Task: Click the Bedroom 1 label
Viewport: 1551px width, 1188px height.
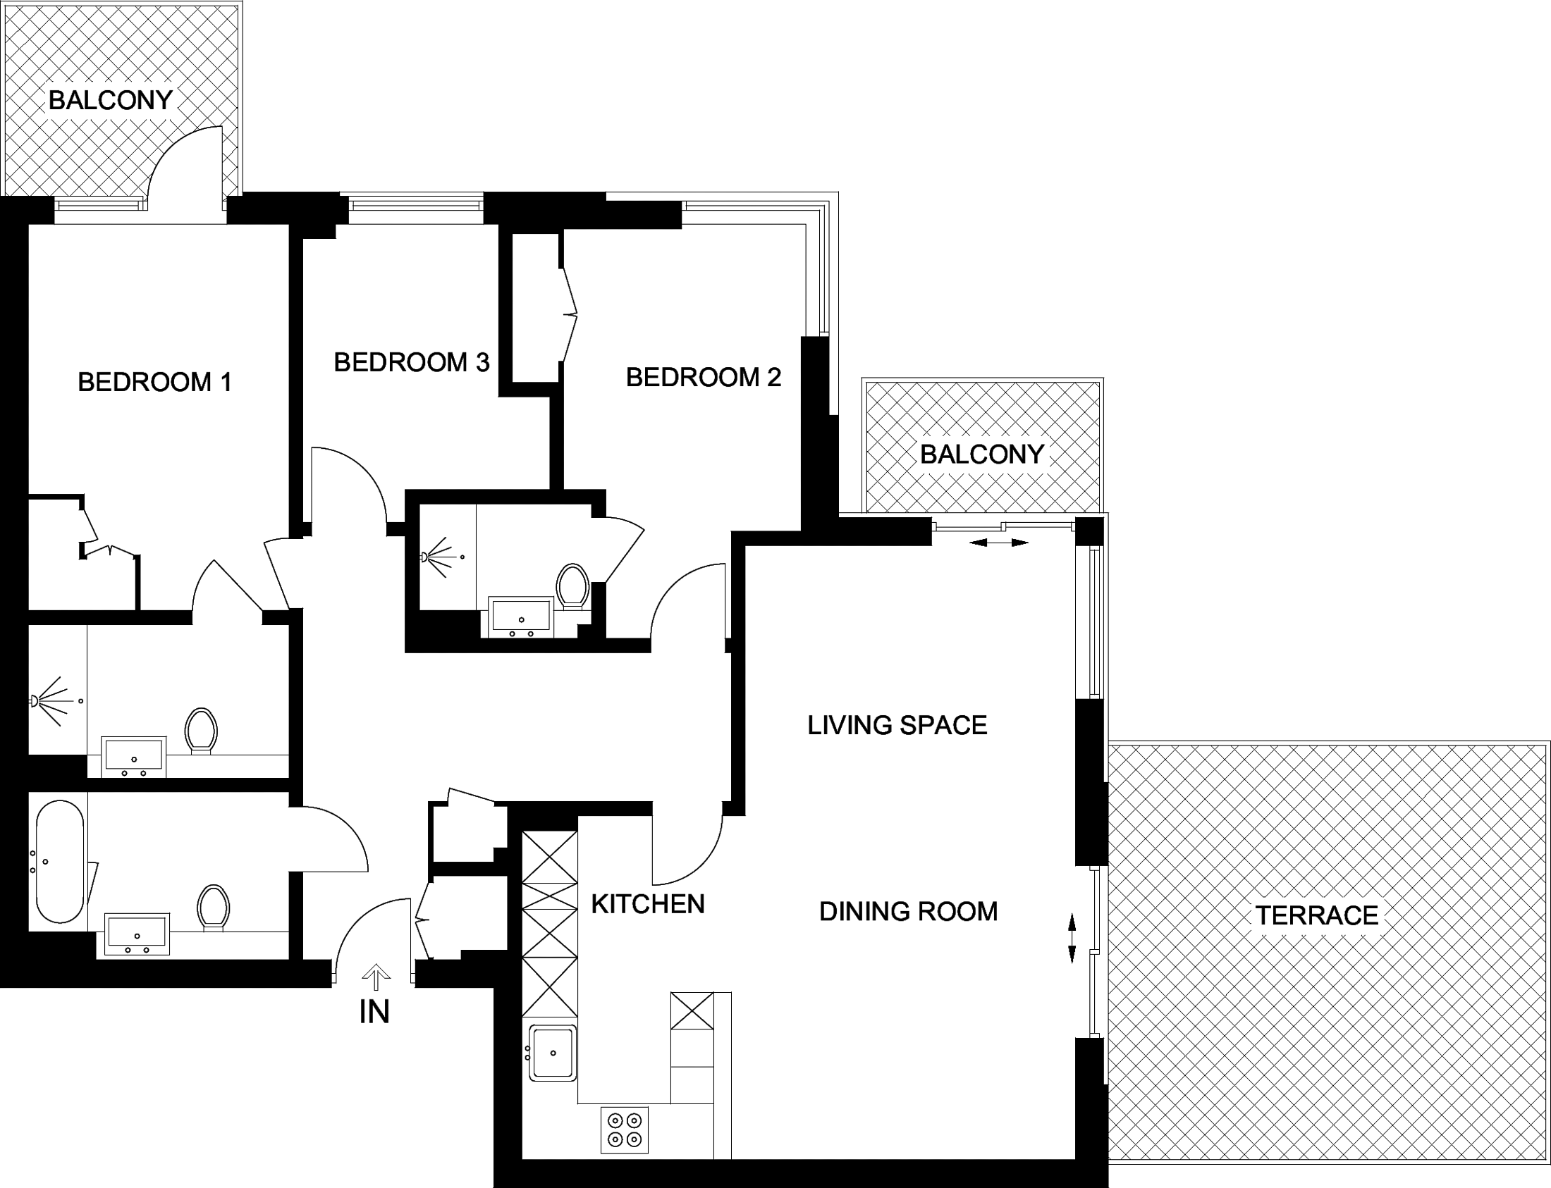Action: tap(155, 383)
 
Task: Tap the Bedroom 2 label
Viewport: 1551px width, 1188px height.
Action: tap(704, 378)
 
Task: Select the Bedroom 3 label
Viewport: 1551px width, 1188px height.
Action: tap(412, 363)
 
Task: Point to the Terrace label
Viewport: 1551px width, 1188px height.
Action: tap(1317, 916)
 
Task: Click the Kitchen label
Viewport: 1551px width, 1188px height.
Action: tap(648, 905)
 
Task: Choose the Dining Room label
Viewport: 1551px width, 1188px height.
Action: tap(909, 912)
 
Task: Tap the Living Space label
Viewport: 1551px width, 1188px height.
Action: tap(897, 726)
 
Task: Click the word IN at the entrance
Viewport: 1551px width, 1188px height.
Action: tap(374, 1013)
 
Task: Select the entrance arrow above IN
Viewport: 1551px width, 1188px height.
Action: tap(376, 978)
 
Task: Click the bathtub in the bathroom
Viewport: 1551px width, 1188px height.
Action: tap(60, 861)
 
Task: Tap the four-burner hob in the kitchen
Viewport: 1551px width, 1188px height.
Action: tap(625, 1130)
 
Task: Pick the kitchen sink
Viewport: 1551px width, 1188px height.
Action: tap(553, 1053)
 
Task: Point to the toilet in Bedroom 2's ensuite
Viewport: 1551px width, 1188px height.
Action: tap(572, 586)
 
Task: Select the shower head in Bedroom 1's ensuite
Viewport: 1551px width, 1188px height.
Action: tap(34, 701)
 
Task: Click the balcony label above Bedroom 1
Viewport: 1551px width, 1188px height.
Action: tap(111, 101)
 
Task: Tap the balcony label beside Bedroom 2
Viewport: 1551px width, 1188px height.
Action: tap(982, 454)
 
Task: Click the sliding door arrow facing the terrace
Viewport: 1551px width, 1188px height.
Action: tap(1072, 939)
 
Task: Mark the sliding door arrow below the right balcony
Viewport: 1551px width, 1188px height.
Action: tap(998, 543)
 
